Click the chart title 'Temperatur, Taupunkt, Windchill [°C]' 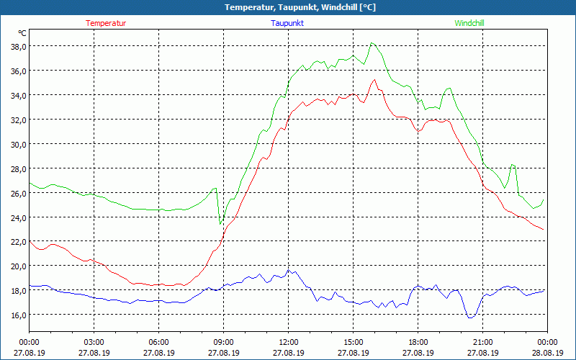click(288, 7)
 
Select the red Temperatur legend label click(106, 23)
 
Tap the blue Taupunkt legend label click(287, 23)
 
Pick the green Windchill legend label click(469, 23)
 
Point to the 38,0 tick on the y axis click(18, 46)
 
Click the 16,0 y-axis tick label click(18, 315)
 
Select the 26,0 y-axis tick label click(18, 193)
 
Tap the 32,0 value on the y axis click(18, 120)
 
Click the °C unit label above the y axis click(22, 33)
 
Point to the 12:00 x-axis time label click(288, 342)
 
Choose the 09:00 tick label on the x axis click(223, 342)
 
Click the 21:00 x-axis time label click(482, 342)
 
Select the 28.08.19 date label click(547, 353)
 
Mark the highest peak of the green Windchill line click(372, 42)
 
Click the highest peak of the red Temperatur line click(374, 80)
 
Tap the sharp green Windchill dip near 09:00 click(220, 224)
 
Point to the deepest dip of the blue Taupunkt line click(470, 317)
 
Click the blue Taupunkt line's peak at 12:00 click(288, 270)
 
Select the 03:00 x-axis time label click(94, 342)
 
